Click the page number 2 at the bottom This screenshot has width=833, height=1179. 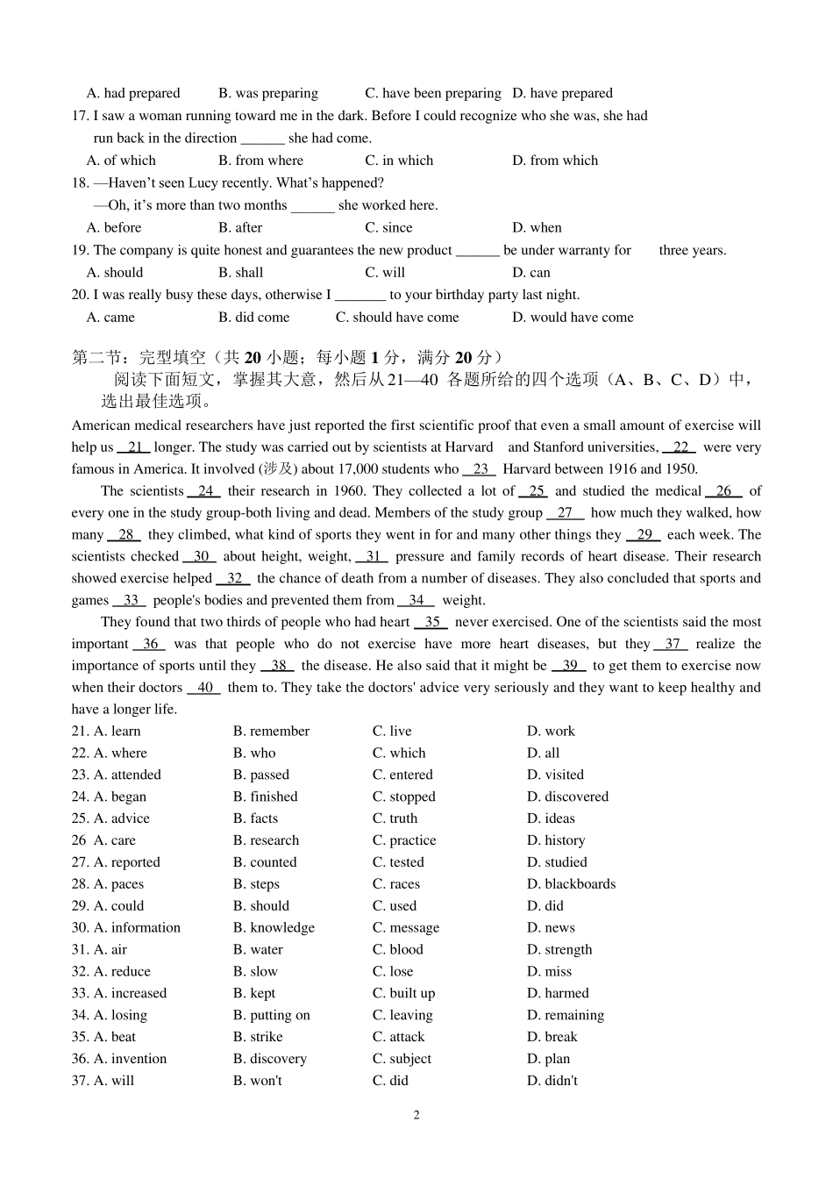click(x=416, y=1115)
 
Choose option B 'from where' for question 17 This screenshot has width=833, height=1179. click(x=260, y=161)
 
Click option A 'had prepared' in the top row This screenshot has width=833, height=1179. click(x=133, y=93)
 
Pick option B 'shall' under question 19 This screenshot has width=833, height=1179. click(x=241, y=272)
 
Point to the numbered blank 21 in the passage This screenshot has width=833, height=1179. click(x=134, y=447)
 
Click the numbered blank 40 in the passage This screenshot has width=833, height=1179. click(x=205, y=688)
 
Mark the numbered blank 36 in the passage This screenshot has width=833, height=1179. click(x=150, y=644)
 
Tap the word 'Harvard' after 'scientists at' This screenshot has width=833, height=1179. click(x=470, y=447)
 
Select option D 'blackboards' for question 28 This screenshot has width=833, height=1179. click(x=571, y=884)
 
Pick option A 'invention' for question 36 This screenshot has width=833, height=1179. click(x=129, y=1059)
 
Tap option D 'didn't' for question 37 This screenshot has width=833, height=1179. click(x=552, y=1081)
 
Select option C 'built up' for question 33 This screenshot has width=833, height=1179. click(x=403, y=993)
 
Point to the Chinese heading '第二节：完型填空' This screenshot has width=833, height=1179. click(x=141, y=357)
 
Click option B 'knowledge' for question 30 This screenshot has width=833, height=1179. click(x=274, y=927)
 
